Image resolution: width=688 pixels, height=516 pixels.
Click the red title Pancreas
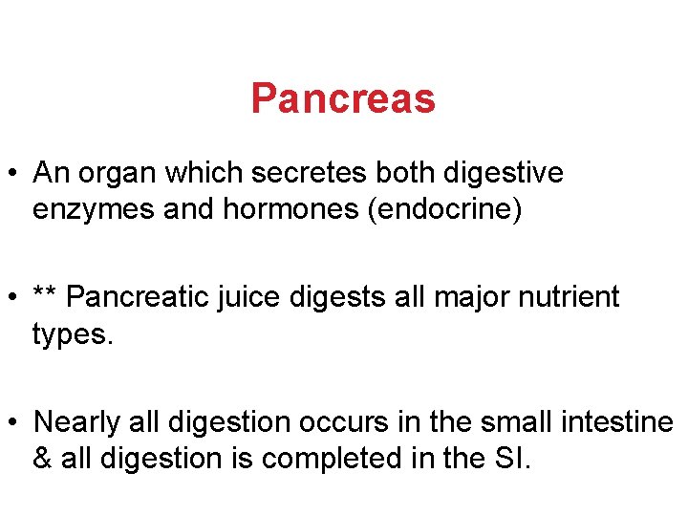[x=343, y=98]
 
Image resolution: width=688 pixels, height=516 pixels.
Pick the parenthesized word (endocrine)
[x=441, y=208]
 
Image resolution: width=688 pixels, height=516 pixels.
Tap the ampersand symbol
[x=42, y=458]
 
